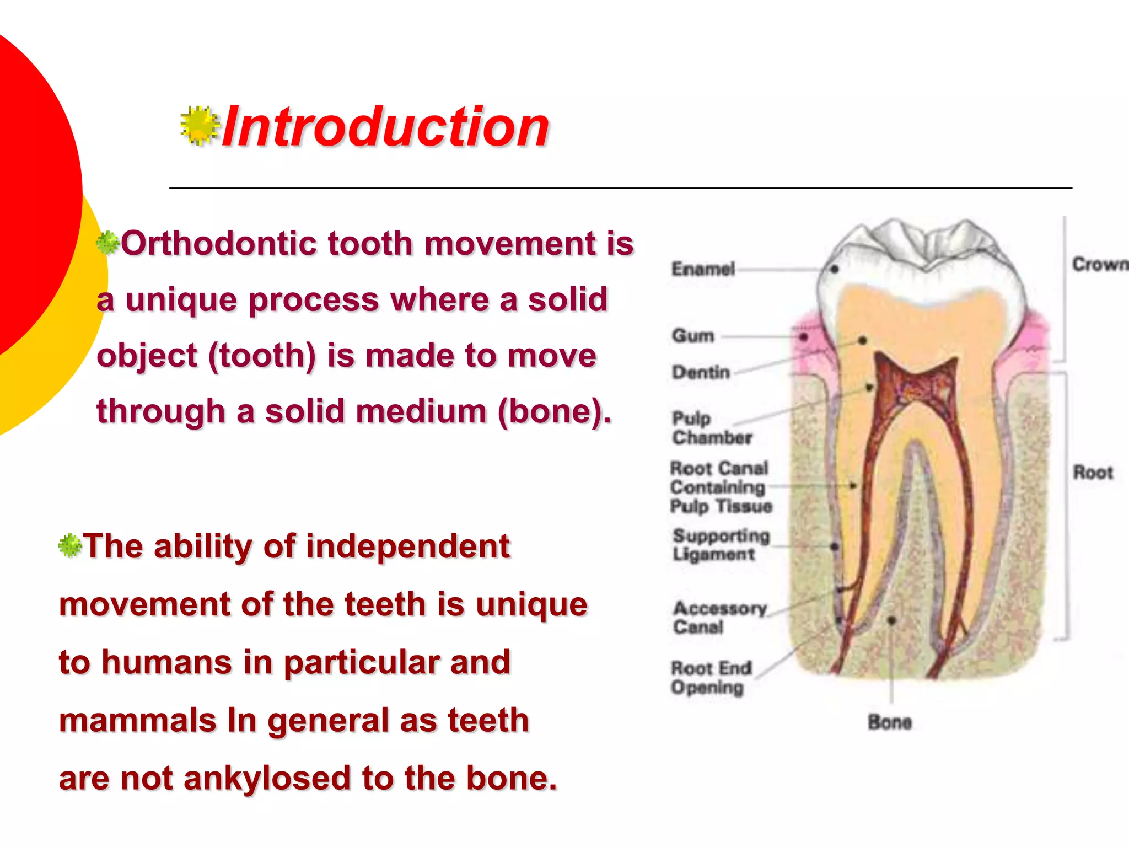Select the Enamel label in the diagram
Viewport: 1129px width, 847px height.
pos(703,269)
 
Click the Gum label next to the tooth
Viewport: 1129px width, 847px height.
pos(693,335)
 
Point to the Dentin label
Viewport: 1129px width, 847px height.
pos(701,372)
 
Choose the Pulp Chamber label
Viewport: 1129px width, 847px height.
pos(711,428)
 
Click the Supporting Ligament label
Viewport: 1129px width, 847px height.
pos(721,545)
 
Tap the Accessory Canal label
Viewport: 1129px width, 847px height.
pos(719,618)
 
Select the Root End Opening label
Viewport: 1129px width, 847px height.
pos(711,678)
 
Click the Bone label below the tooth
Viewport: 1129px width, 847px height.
pos(889,722)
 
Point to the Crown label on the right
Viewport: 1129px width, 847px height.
pos(1099,265)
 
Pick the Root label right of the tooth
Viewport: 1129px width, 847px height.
pos(1092,473)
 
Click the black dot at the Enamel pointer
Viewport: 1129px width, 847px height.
pos(835,269)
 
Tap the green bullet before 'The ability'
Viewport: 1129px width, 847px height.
pos(70,546)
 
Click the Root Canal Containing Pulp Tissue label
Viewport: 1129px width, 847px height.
pos(720,487)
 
